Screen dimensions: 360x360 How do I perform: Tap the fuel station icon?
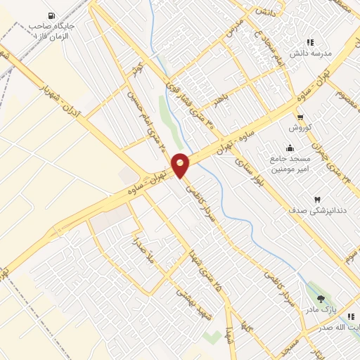click(51, 16)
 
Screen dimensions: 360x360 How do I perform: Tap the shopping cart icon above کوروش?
click(300, 117)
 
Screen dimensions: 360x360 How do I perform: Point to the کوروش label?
click(300, 129)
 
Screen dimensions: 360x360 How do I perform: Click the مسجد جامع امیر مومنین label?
click(288, 165)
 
